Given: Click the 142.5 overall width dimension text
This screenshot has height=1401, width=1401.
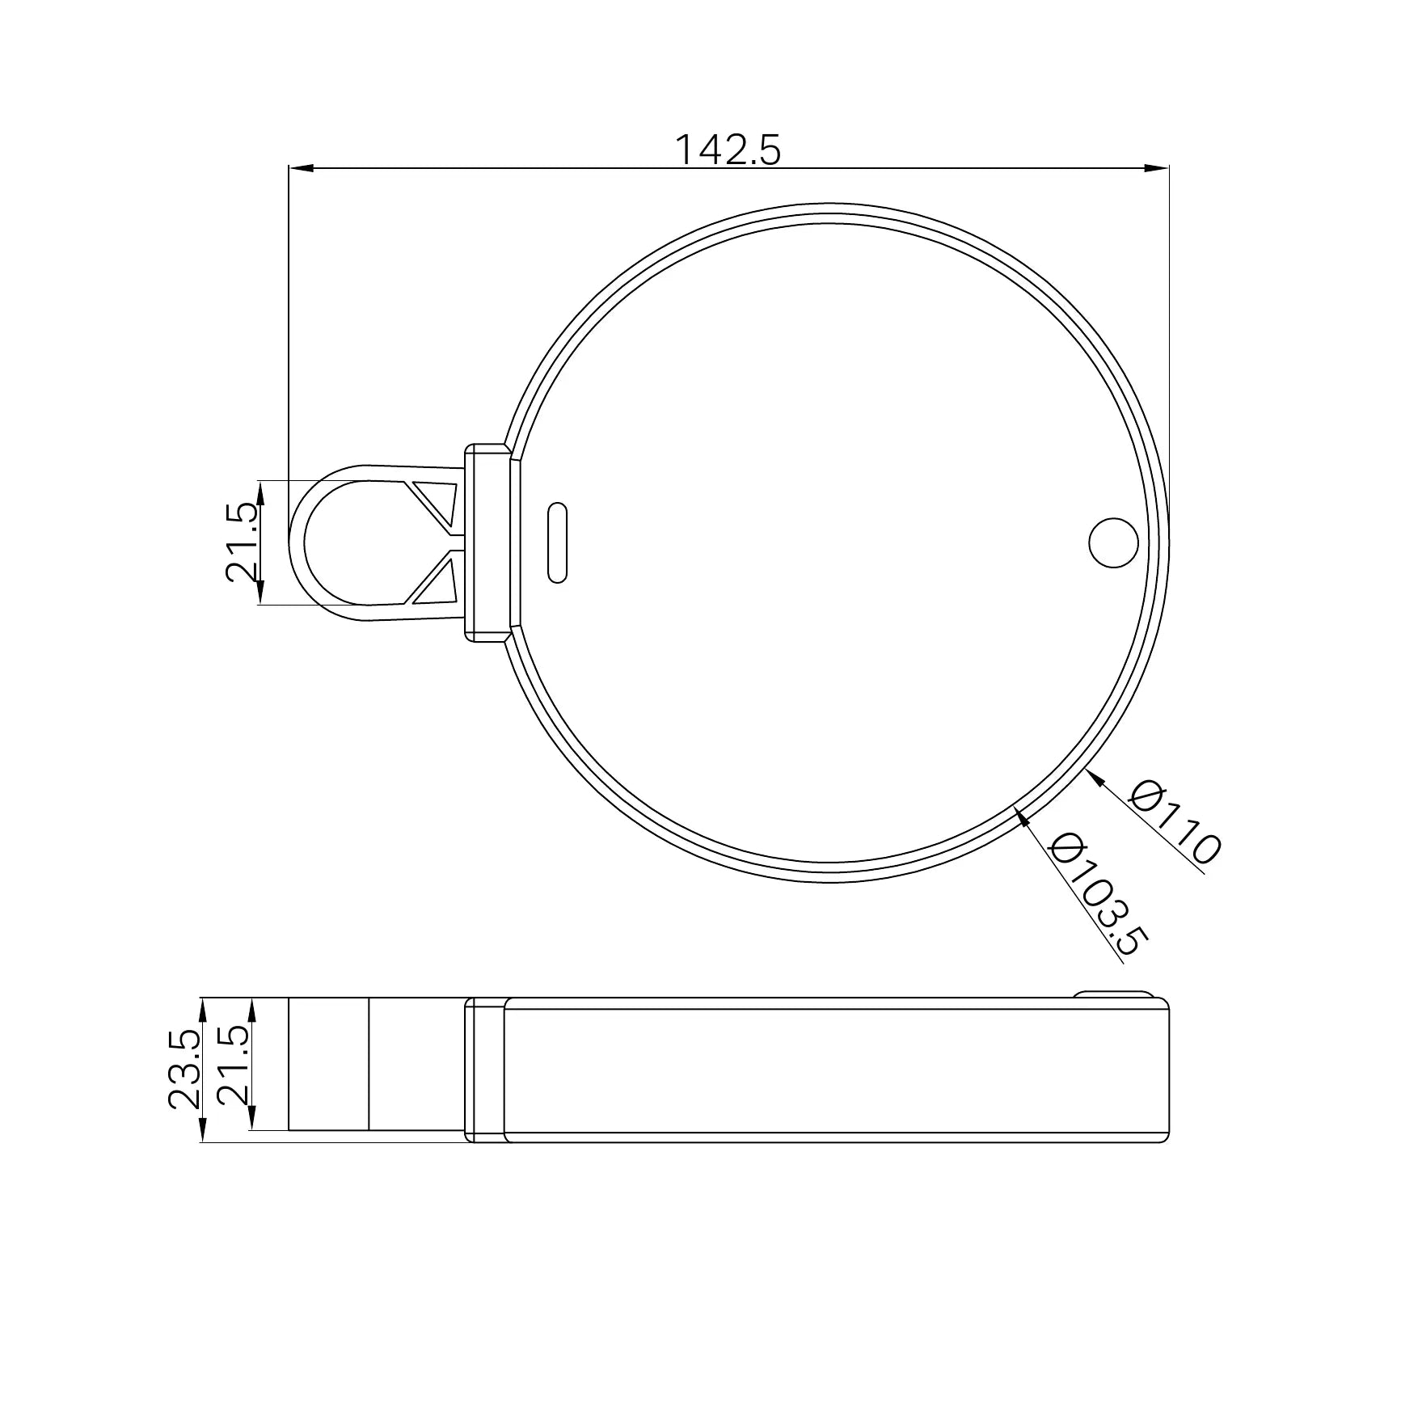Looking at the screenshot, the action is click(x=728, y=150).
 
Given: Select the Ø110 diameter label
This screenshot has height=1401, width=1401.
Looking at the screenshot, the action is click(x=1175, y=821).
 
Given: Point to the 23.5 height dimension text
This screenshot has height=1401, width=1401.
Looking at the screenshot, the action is click(x=185, y=1069).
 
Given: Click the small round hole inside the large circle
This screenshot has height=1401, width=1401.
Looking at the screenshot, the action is click(x=1113, y=542).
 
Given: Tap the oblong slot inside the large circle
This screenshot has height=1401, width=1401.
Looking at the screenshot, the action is click(x=557, y=542).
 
